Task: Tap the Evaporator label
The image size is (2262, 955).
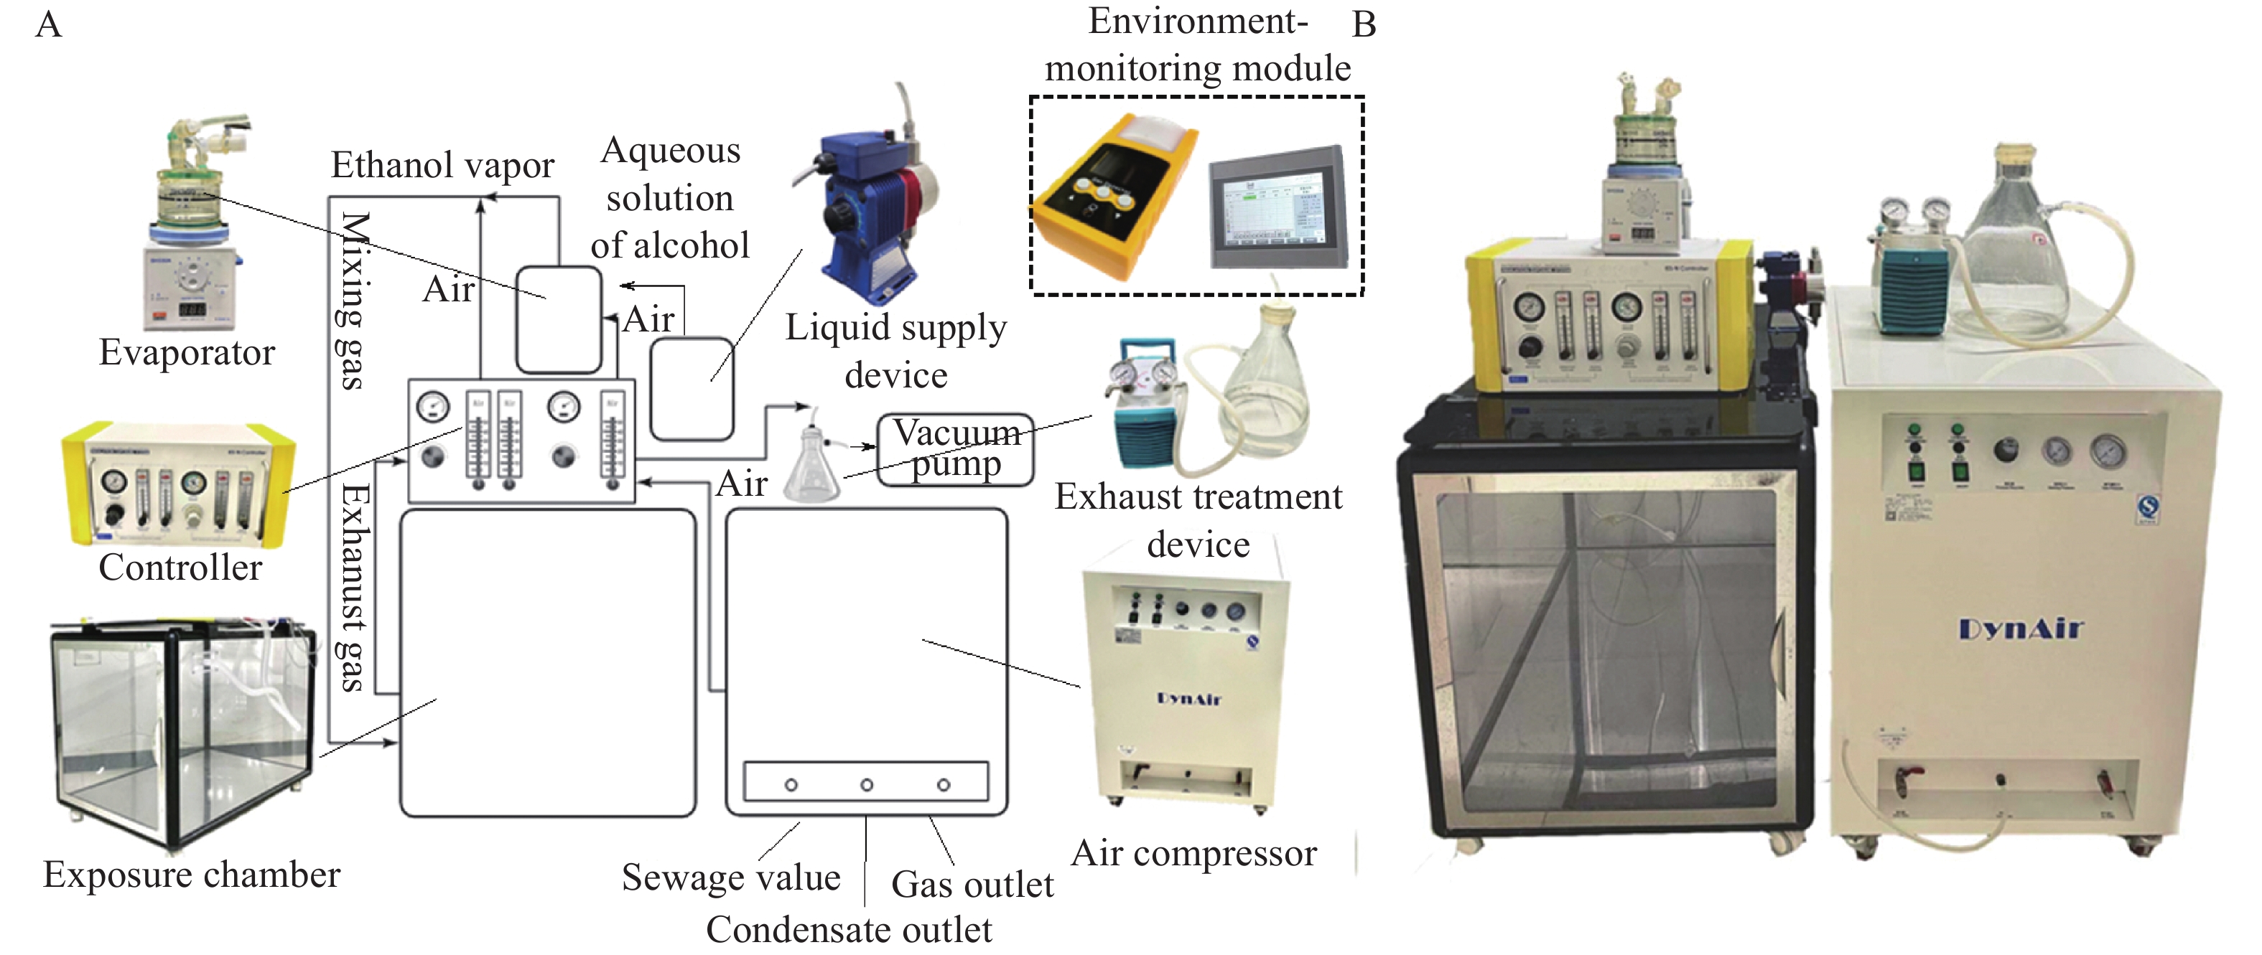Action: pos(187,353)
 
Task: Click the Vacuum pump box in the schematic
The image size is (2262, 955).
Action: pos(955,449)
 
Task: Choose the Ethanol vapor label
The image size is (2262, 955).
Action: pos(442,165)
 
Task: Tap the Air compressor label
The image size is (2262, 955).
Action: pos(1194,853)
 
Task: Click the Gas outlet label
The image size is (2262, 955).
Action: pos(972,885)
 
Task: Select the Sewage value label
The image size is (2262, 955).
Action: pos(730,878)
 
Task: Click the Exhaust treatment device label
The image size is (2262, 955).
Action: pos(1199,520)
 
